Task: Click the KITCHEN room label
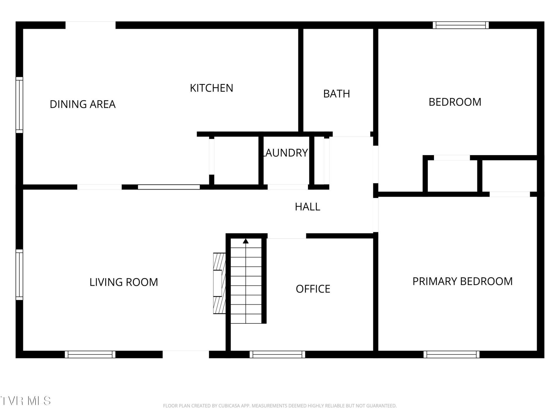coord(211,88)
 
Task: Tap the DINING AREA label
coord(83,104)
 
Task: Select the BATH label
coord(337,94)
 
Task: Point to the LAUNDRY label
coord(285,153)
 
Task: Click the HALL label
coord(307,207)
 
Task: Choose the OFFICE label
coord(313,289)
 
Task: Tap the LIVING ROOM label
coord(124,282)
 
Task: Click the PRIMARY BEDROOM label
coord(462,281)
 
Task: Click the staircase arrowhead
coord(246,241)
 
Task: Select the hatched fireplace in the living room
coord(220,283)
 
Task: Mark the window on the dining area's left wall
coord(19,105)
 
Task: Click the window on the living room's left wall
coord(19,275)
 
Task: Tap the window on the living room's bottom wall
coord(90,354)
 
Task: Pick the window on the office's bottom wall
coord(277,354)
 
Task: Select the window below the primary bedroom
coord(452,354)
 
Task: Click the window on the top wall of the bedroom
coord(461,25)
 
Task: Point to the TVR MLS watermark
coord(25,401)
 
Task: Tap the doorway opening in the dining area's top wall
coord(90,25)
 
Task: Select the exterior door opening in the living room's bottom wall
coord(186,354)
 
